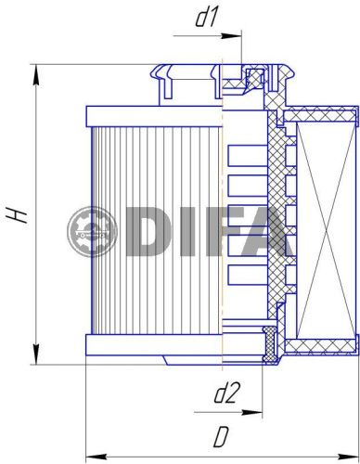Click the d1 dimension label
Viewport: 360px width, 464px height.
click(205, 18)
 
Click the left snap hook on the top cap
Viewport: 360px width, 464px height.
click(166, 82)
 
